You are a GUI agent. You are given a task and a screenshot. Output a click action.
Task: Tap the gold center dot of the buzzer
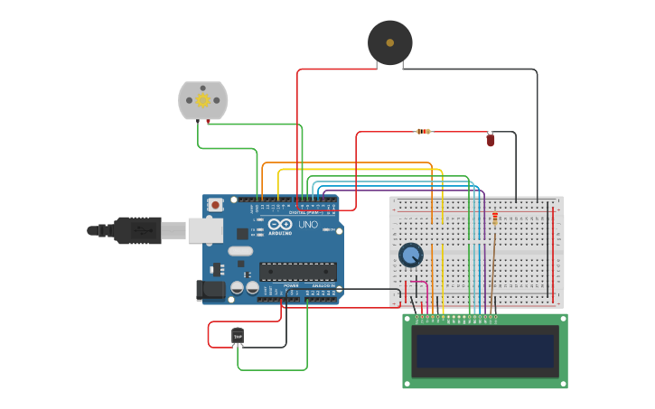[x=389, y=42]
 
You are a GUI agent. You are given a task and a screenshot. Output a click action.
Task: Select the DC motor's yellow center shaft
[x=202, y=99]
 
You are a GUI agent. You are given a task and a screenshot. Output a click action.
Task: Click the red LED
[x=491, y=139]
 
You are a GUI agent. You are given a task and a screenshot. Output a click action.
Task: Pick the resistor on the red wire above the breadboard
[x=424, y=132]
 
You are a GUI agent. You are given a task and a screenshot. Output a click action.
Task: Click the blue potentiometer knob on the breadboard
[x=411, y=256]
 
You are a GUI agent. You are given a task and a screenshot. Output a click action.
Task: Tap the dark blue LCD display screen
[x=484, y=351]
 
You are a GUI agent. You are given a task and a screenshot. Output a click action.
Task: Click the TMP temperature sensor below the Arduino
[x=238, y=336]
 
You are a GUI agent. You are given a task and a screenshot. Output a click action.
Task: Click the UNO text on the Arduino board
[x=308, y=224]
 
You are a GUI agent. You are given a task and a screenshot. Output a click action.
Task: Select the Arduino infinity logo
[x=280, y=224]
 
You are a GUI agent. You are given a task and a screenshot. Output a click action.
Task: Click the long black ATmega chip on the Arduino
[x=298, y=271]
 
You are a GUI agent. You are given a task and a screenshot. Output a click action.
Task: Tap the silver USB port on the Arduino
[x=205, y=231]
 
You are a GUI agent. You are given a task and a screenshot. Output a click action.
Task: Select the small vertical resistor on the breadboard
[x=495, y=219]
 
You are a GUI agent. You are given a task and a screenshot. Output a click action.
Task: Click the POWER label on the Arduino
[x=291, y=285]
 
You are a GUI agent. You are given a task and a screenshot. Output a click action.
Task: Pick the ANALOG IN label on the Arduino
[x=323, y=285]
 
